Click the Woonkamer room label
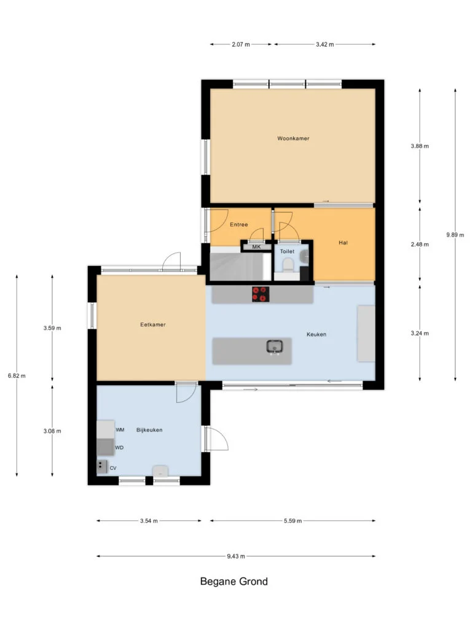tap(293, 138)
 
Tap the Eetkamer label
tap(153, 324)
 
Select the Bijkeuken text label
tap(149, 430)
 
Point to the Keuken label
tap(317, 334)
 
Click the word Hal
tap(343, 243)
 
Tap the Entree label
tap(239, 225)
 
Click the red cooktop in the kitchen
tap(261, 294)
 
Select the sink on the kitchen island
tap(275, 346)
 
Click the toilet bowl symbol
tap(288, 265)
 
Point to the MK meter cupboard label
tap(256, 247)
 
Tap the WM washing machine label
tap(120, 429)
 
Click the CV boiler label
tap(113, 468)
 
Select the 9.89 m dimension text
tap(455, 235)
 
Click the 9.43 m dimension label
tap(236, 557)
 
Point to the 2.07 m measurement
tap(241, 44)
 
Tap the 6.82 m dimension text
tap(17, 376)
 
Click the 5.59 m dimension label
tap(293, 521)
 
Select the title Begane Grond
tap(234, 582)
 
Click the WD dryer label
tap(119, 448)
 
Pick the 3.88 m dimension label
tap(420, 146)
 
